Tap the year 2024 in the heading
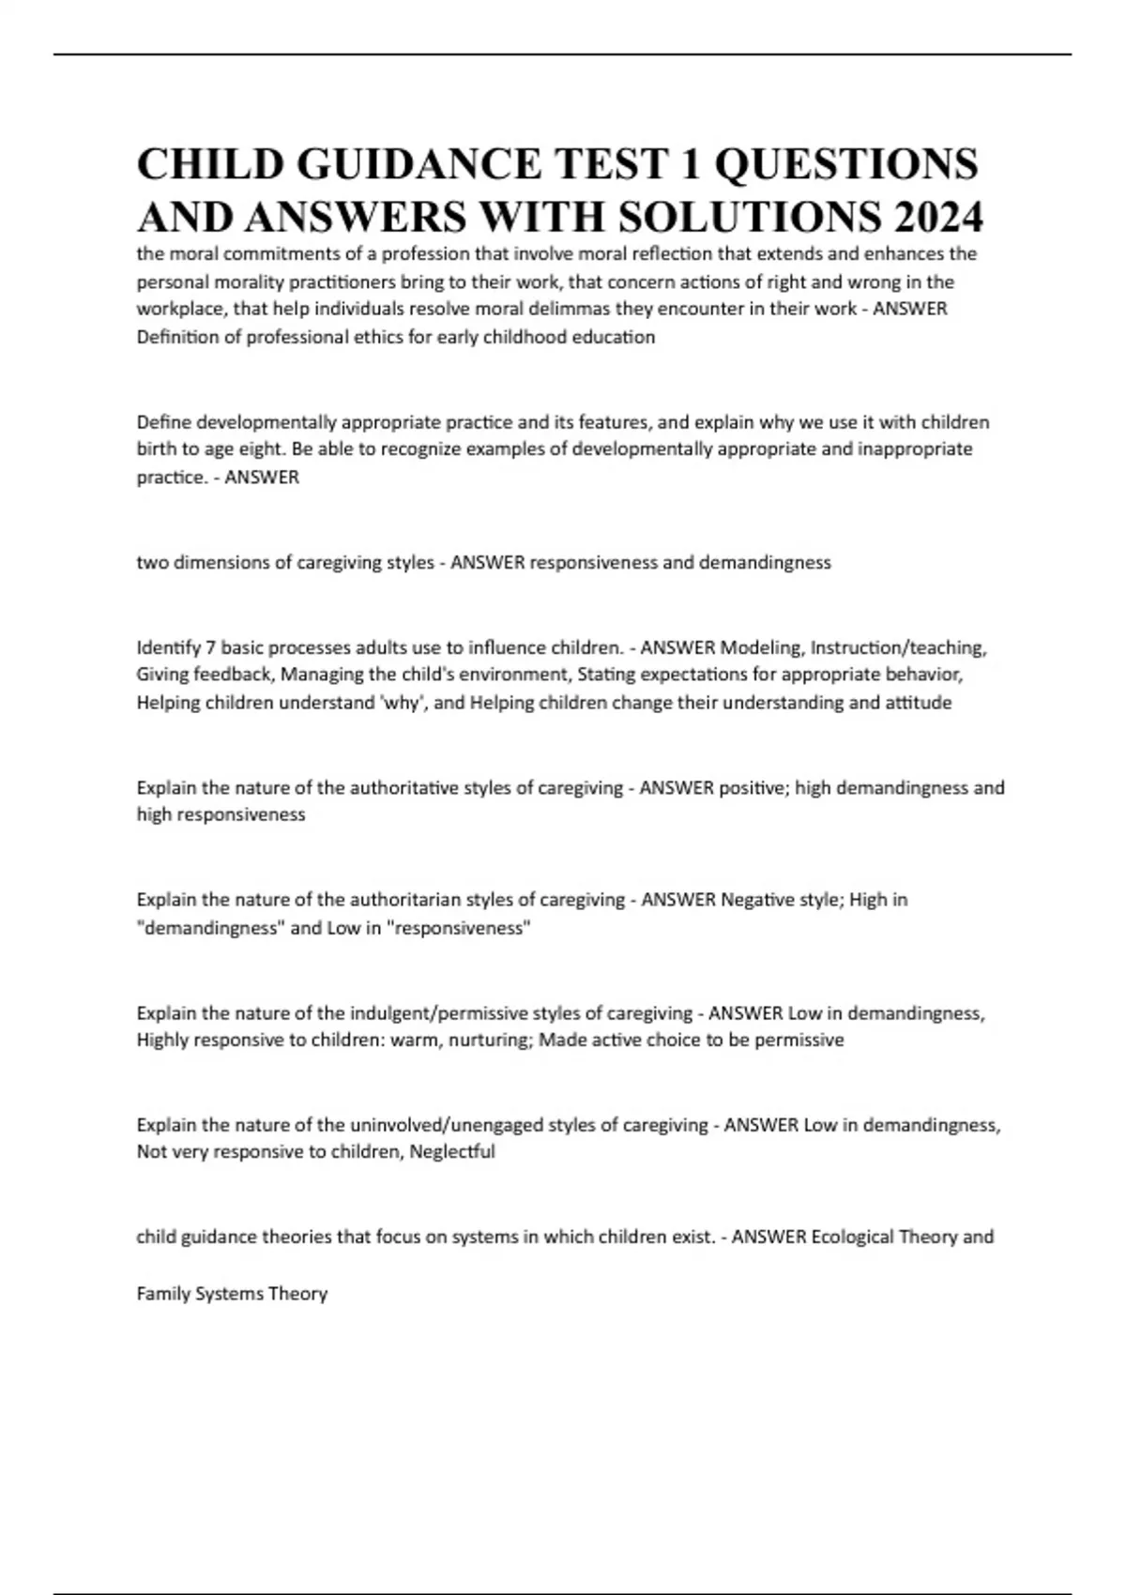click(934, 218)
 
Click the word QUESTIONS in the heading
click(845, 163)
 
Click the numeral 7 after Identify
click(210, 647)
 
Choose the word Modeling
click(761, 647)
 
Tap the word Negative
click(758, 900)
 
